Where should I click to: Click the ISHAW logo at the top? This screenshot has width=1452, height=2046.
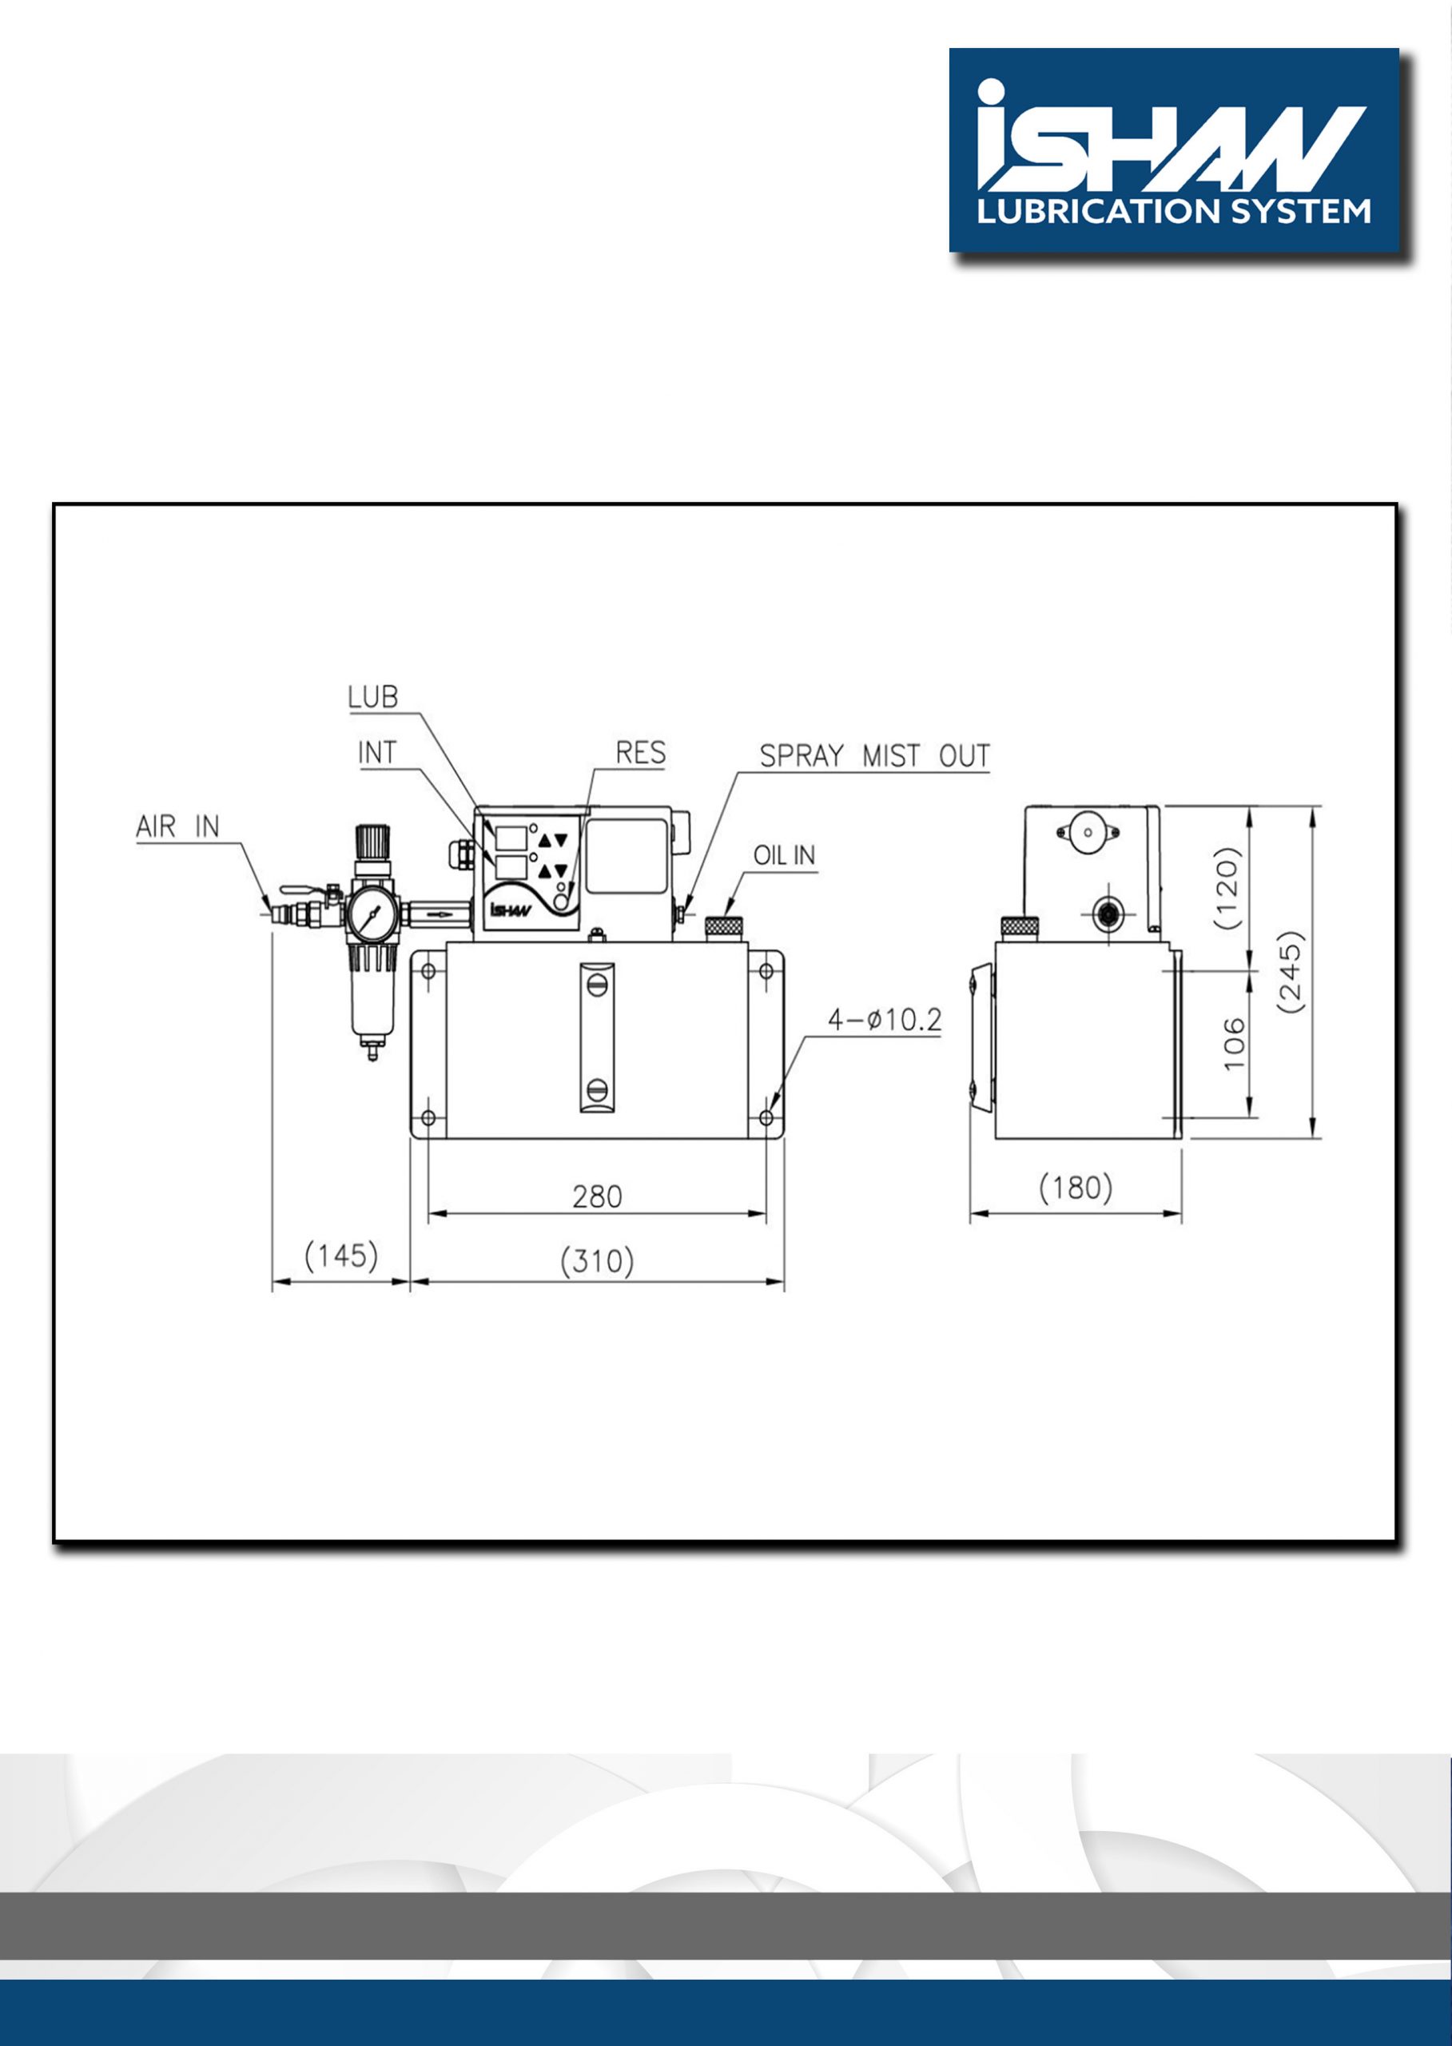[x=1174, y=150]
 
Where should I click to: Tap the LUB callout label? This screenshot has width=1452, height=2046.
[x=373, y=698]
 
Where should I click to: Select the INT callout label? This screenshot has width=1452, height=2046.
[x=376, y=753]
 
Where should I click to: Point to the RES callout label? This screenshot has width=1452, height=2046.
[x=640, y=753]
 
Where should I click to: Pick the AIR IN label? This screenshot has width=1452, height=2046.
[x=177, y=826]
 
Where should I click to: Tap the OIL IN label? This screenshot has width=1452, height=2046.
[x=784, y=856]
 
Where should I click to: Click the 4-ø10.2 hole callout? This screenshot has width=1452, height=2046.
[x=885, y=1020]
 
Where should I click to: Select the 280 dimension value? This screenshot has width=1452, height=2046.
[x=596, y=1196]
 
